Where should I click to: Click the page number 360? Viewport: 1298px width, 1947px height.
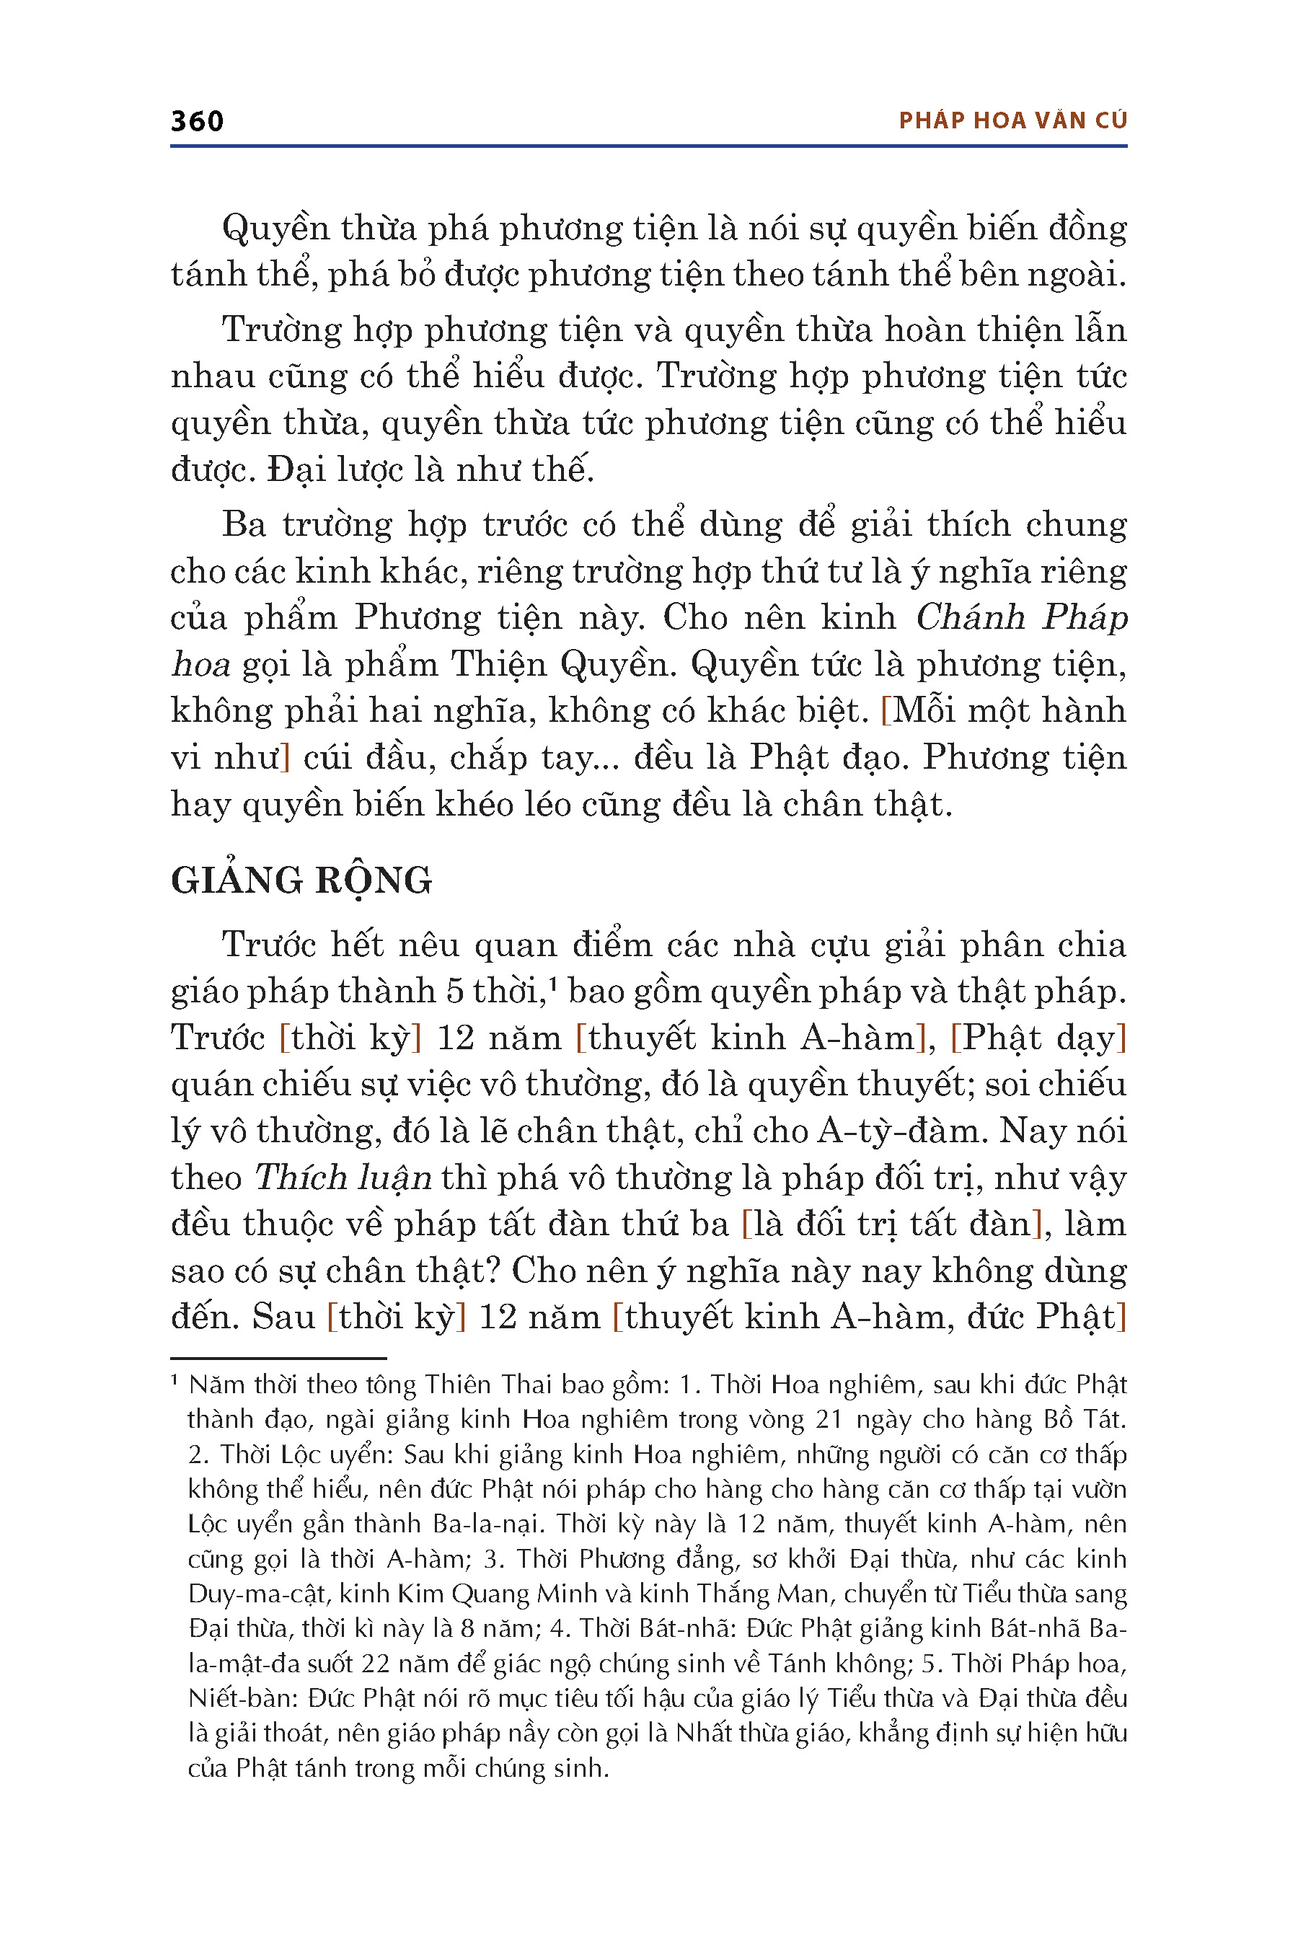197,122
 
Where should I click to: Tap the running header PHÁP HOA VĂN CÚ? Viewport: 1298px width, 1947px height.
1012,121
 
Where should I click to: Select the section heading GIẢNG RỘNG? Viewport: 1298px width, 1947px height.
301,880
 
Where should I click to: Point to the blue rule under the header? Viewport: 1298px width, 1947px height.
648,146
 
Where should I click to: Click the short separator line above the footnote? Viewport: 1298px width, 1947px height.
278,1359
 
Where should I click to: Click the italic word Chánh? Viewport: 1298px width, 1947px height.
970,617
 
